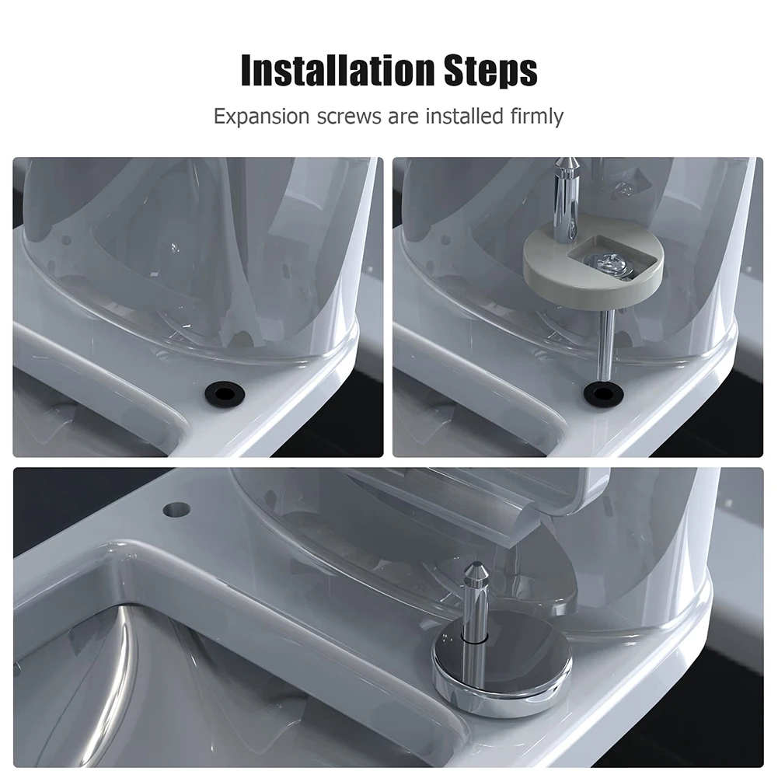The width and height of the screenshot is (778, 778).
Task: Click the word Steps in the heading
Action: [490, 72]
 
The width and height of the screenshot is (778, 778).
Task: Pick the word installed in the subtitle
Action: [465, 116]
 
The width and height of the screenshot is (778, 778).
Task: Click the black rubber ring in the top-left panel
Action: [225, 393]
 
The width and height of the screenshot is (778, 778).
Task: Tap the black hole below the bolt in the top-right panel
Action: [603, 393]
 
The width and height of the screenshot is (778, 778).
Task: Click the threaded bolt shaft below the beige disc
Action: [605, 346]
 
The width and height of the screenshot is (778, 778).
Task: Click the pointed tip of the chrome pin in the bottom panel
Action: [476, 568]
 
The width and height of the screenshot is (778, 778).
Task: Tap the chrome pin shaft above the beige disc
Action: [565, 201]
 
